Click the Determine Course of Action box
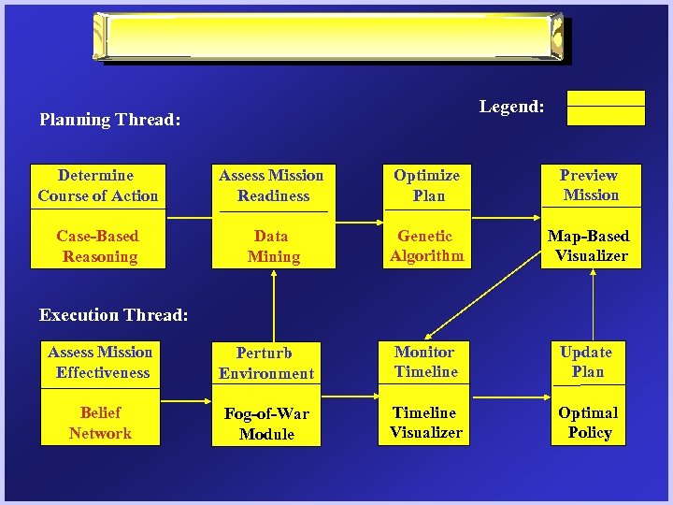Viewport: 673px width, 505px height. tap(98, 185)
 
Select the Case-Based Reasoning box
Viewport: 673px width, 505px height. tap(98, 246)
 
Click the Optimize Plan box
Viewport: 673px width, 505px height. tap(427, 185)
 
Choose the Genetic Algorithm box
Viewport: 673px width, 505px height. tap(427, 246)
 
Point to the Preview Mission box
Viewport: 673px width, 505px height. tap(591, 185)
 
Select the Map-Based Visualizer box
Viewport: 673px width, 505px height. tap(591, 246)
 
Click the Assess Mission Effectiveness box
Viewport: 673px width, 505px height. tap(100, 362)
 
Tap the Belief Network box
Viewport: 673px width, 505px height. tap(100, 423)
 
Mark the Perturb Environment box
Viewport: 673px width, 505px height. tap(266, 363)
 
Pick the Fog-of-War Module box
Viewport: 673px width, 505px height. tap(266, 424)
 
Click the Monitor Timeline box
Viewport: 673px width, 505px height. tap(426, 362)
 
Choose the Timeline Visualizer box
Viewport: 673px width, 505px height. tap(426, 423)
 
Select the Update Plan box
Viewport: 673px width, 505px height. tap(587, 362)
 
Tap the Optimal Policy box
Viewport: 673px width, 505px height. tap(587, 423)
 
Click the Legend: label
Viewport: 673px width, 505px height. tap(511, 107)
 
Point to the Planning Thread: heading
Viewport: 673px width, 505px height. tap(109, 120)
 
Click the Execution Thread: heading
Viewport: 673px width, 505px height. tap(113, 315)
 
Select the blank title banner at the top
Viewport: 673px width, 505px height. tap(332, 37)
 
